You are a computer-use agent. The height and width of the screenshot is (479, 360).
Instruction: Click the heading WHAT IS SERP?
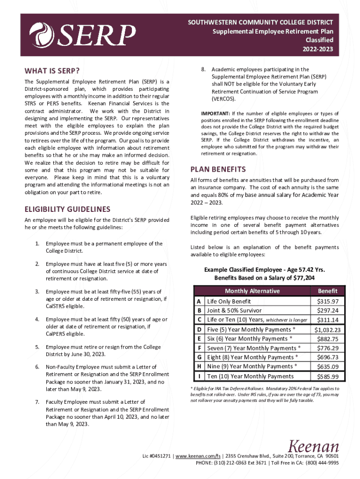click(51, 71)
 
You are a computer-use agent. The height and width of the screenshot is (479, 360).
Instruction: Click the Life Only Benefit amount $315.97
click(331, 301)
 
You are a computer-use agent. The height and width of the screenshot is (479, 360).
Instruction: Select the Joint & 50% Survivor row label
click(234, 311)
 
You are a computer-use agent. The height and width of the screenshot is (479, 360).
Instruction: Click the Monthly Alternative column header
click(252, 291)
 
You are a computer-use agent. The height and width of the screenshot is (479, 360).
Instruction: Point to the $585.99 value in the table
click(331, 377)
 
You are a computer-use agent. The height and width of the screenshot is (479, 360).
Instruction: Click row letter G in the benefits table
click(199, 357)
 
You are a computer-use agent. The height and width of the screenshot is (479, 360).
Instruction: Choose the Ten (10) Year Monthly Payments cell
click(250, 377)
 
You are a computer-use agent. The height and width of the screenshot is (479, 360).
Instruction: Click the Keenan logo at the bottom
click(313, 446)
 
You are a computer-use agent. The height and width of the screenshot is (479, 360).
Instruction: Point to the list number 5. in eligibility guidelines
click(36, 347)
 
